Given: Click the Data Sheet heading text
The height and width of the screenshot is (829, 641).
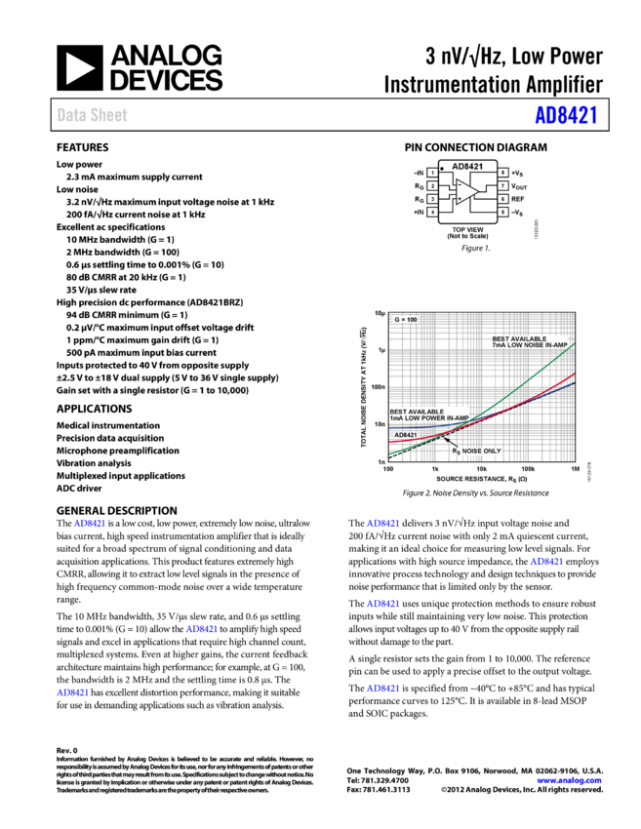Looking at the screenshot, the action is (x=92, y=115).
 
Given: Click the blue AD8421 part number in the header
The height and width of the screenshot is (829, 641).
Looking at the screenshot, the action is (x=565, y=115).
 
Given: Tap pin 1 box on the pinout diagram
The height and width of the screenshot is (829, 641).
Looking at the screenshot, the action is (x=432, y=173).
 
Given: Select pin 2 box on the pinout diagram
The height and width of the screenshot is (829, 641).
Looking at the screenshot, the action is (x=432, y=185).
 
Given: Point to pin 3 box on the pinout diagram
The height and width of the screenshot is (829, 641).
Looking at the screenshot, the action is (x=432, y=199).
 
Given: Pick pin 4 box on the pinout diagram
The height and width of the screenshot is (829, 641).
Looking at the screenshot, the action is (x=432, y=212).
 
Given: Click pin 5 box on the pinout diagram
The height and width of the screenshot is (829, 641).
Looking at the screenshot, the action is (x=502, y=212).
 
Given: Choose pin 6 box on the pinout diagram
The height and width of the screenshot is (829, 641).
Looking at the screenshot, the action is (x=502, y=199).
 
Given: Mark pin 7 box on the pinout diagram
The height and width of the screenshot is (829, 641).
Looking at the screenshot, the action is (x=502, y=185).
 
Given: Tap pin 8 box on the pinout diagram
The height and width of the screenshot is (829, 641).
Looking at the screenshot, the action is (x=502, y=173).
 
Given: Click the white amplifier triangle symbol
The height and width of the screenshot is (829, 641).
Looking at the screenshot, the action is (x=466, y=192).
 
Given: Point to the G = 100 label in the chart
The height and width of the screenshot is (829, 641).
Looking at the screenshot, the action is (x=405, y=319).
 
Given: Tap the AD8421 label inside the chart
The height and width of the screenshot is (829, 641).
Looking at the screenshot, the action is (x=405, y=435).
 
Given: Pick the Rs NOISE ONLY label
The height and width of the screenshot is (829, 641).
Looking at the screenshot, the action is (x=476, y=451).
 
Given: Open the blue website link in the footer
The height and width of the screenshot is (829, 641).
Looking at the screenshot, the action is (x=569, y=780).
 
